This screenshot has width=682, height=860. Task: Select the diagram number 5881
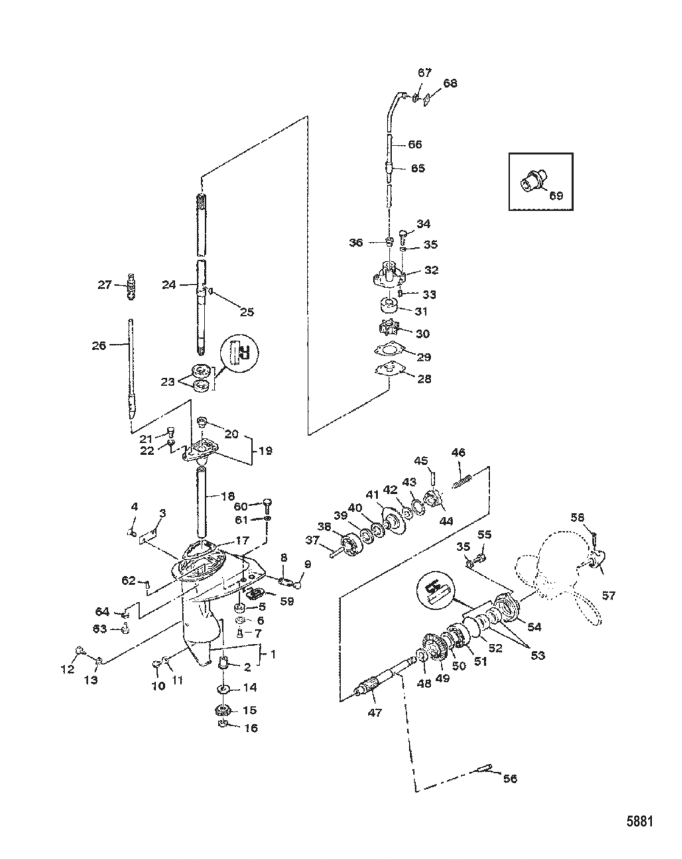point(639,821)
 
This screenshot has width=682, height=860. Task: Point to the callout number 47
point(374,711)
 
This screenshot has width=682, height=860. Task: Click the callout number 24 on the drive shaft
point(169,284)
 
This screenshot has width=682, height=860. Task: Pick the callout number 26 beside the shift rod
point(98,345)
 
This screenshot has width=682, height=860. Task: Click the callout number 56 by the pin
point(510,778)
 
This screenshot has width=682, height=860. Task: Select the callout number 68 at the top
point(450,83)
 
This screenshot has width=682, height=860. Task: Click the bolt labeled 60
point(268,504)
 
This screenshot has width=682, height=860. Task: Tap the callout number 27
point(105,284)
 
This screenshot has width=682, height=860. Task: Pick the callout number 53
point(537,655)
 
